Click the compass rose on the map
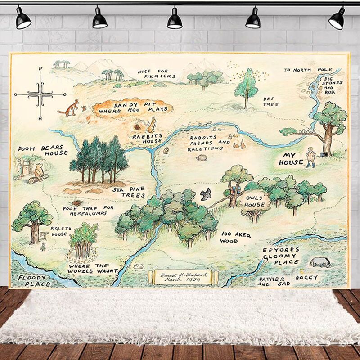click(40, 94)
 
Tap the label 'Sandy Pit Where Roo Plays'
click(133, 108)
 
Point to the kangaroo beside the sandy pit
click(69, 108)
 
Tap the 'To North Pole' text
click(308, 70)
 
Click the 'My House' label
click(291, 158)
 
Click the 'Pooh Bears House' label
click(43, 150)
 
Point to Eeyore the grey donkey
click(320, 262)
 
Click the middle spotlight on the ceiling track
click(175, 19)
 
